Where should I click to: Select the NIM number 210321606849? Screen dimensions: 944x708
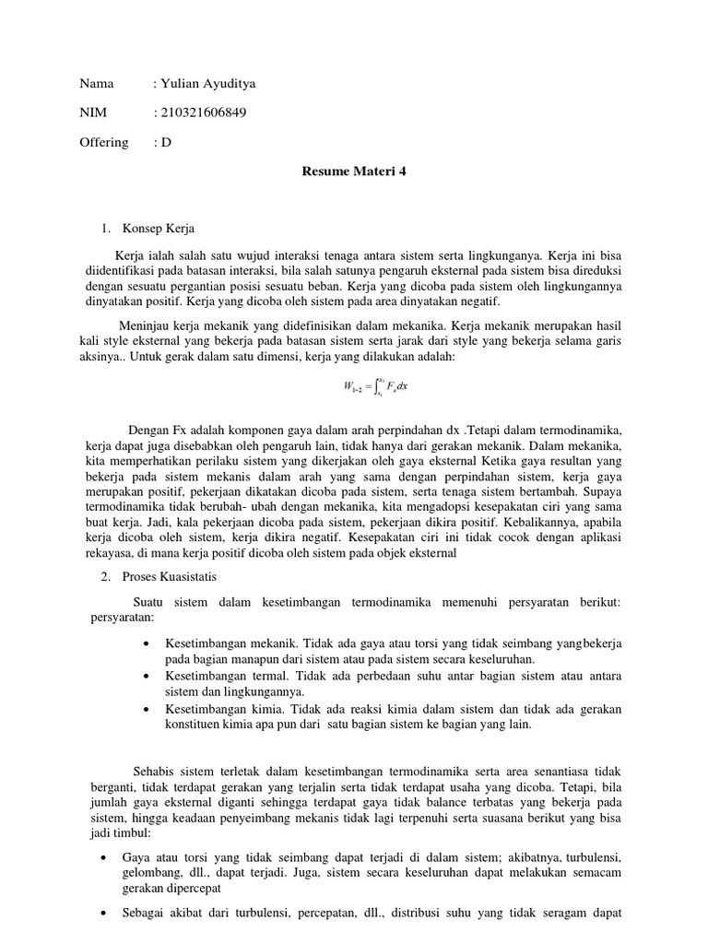(x=204, y=113)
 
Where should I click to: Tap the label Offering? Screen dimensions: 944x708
(x=104, y=143)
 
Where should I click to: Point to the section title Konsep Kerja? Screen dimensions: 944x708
(x=159, y=228)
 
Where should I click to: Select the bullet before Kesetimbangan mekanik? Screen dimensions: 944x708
(x=147, y=643)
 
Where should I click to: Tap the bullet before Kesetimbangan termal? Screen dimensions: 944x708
(x=147, y=676)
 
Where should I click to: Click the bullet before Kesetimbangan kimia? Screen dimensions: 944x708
(x=147, y=709)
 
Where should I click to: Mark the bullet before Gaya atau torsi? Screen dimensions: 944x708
(x=104, y=857)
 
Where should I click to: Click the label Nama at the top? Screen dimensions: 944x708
(x=97, y=84)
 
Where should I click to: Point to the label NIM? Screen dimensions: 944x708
(x=94, y=113)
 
